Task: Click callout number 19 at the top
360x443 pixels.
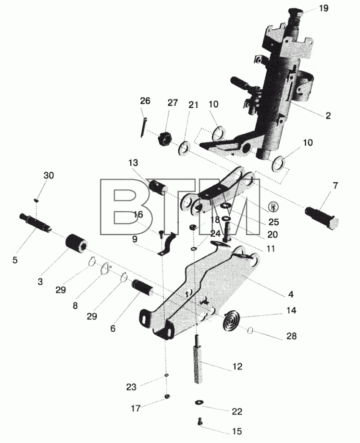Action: [324, 8]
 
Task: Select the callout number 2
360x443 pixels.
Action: [328, 115]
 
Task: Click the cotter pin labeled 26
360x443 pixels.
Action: [143, 127]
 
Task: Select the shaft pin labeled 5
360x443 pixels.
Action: [36, 223]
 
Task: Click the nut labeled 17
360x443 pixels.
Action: [167, 397]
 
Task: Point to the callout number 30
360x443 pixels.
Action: [49, 176]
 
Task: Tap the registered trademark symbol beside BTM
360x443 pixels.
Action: [273, 208]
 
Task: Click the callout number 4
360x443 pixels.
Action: [291, 294]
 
